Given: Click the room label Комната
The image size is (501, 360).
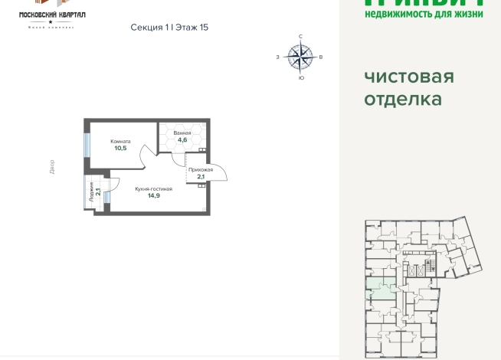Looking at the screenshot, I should point(120,141).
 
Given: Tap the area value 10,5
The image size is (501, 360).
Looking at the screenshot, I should point(120,148).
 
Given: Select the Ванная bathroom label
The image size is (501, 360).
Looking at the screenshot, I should point(182,133).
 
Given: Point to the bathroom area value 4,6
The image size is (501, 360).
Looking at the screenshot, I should point(182,140).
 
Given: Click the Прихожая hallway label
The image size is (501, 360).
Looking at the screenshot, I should point(200,170).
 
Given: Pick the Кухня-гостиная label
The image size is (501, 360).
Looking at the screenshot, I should point(153,188).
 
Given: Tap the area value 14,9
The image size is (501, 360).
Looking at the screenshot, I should point(153,195).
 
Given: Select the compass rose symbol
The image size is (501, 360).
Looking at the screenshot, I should point(300,56).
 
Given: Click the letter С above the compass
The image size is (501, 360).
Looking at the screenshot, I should point(300,36).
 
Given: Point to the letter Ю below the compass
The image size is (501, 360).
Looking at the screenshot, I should point(300,77).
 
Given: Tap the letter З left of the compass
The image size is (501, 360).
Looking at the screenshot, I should point(277,57).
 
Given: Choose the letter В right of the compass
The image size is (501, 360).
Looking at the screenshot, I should point(321,57).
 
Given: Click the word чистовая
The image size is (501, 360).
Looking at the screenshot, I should point(409,77).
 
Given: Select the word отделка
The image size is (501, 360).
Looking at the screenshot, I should point(403,100).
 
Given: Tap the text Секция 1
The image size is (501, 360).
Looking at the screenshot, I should point(149,27).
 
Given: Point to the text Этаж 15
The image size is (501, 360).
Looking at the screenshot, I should point(192,27).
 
